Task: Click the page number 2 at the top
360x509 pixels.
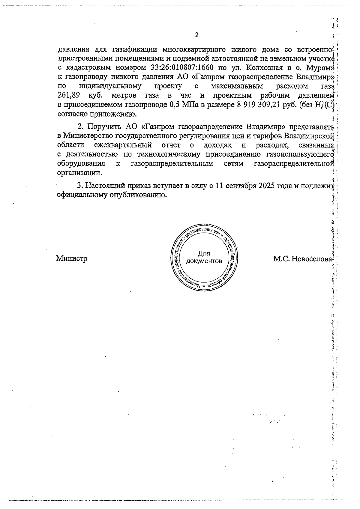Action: point(196,34)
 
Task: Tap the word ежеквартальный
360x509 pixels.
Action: point(123,145)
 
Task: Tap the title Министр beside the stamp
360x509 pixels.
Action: point(72,258)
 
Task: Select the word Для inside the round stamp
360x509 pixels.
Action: point(204,254)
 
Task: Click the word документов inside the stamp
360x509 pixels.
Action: point(204,261)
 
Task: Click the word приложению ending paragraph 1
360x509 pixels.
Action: point(112,114)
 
